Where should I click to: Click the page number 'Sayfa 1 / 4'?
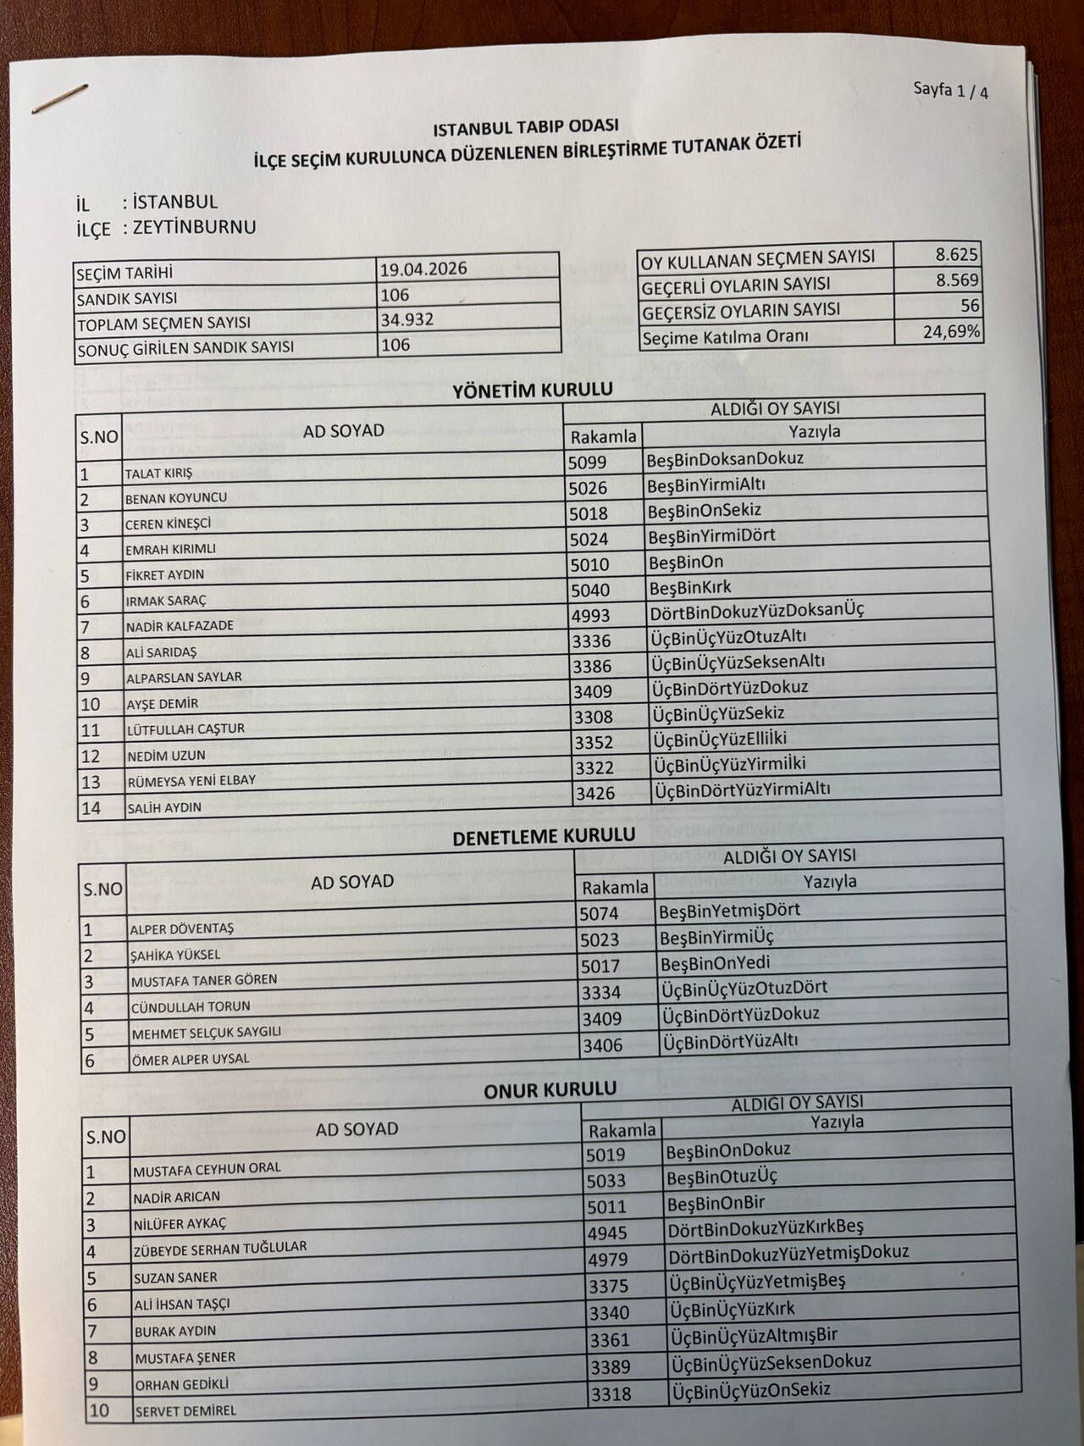[x=950, y=91]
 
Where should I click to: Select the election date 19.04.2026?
[x=423, y=269]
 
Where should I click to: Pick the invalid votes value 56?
[x=970, y=306]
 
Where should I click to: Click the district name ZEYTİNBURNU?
[x=189, y=227]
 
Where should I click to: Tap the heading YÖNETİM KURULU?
[x=533, y=391]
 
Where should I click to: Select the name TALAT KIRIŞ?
[x=158, y=473]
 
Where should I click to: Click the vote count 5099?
[x=589, y=462]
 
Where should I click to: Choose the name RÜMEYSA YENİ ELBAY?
[x=191, y=780]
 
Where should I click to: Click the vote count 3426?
[x=595, y=793]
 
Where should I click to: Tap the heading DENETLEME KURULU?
[x=544, y=836]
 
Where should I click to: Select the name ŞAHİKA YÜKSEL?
[x=175, y=955]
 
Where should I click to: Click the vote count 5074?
[x=600, y=913]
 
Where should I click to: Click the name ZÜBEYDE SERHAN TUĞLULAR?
[x=220, y=1248]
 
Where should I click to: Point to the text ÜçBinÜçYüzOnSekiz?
[x=750, y=1389]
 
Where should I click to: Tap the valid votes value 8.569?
[x=957, y=280]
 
